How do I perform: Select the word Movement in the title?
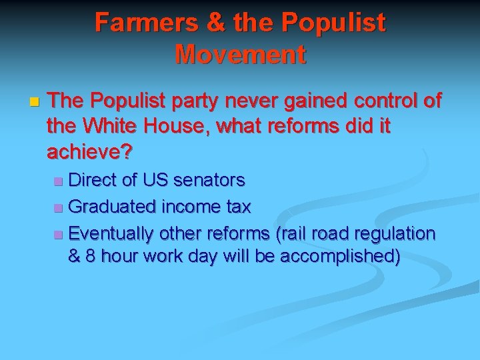point(240,53)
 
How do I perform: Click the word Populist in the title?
point(333,23)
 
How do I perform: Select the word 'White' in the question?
point(116,127)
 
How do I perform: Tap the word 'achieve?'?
point(90,152)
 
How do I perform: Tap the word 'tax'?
point(238,207)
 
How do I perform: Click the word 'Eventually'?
point(111,234)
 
